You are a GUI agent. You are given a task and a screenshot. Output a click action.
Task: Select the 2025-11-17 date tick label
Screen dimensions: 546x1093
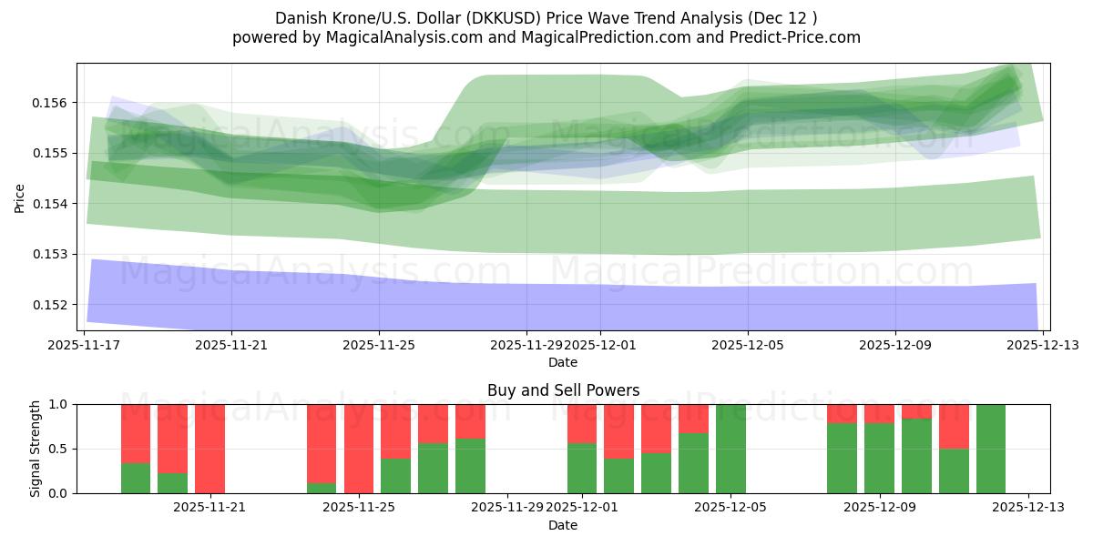84,345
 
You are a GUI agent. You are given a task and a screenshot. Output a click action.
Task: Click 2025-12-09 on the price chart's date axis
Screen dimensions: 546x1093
895,345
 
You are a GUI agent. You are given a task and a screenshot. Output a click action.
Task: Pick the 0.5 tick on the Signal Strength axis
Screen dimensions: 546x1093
60,449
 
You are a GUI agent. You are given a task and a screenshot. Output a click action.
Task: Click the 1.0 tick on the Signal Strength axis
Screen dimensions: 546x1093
60,404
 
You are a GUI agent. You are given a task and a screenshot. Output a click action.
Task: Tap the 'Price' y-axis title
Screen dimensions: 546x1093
20,197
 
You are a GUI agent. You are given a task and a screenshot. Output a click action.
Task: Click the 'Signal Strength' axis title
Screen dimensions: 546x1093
36,449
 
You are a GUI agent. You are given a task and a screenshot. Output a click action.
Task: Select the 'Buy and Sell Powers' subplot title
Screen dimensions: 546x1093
563,390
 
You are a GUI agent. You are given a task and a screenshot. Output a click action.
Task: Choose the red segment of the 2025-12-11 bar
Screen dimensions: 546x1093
954,426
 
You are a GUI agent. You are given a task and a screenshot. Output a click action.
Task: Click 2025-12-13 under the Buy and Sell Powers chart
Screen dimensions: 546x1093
1028,508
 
